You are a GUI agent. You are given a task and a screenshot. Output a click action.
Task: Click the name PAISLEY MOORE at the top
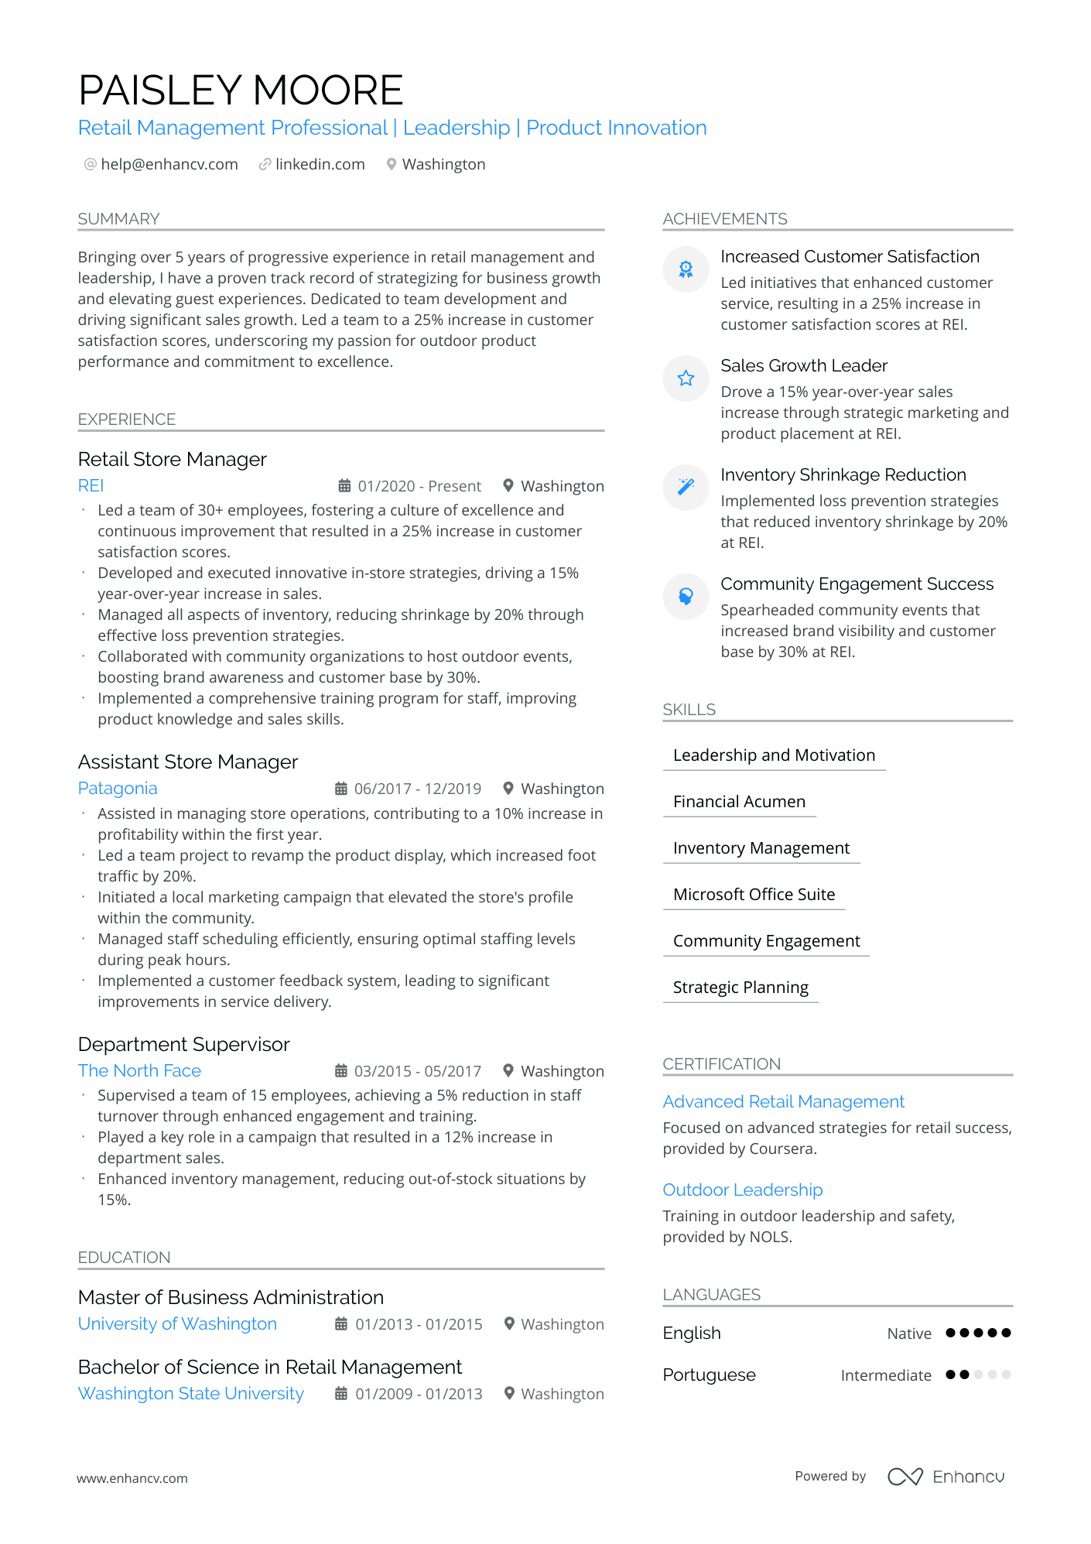click(x=241, y=91)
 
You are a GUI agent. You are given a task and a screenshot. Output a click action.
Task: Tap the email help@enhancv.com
click(x=169, y=164)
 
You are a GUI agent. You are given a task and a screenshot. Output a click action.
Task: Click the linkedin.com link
click(x=320, y=164)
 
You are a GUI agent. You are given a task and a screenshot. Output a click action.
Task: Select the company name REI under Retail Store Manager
click(x=91, y=485)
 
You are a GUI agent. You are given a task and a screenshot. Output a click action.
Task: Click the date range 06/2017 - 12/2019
click(x=417, y=789)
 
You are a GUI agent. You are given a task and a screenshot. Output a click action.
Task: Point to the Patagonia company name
click(x=118, y=788)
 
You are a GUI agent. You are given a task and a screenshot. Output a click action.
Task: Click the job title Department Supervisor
click(x=183, y=1044)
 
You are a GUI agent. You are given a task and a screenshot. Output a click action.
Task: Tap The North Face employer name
click(x=139, y=1070)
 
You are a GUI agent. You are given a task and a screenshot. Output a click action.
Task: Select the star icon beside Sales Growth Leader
click(x=686, y=378)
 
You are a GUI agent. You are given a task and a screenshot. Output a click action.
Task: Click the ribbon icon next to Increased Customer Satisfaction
click(x=686, y=269)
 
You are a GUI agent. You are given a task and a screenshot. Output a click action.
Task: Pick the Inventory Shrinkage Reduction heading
click(x=843, y=474)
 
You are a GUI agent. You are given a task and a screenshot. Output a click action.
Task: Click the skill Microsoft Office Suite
click(x=754, y=895)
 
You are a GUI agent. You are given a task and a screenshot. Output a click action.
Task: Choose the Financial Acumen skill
click(x=739, y=802)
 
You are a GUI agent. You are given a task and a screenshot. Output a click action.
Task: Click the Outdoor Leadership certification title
click(x=742, y=1190)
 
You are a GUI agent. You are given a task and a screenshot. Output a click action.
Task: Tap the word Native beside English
click(x=908, y=1333)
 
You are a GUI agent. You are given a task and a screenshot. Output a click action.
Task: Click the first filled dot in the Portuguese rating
click(x=950, y=1375)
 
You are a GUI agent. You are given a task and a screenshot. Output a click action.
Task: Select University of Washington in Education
click(x=177, y=1323)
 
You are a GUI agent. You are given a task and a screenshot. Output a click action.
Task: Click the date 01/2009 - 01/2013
click(x=418, y=1394)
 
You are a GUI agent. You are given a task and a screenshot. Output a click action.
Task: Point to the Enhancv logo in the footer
click(x=946, y=1477)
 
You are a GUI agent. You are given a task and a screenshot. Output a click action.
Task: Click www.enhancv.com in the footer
click(x=132, y=1478)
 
